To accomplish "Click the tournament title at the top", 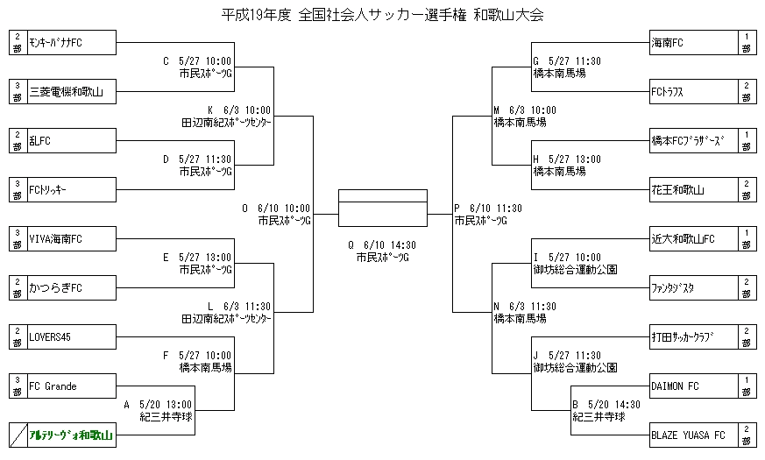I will coord(382,15).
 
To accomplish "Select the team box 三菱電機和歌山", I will coord(71,91).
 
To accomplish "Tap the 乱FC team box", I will coord(71,140).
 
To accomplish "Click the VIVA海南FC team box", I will coord(71,238).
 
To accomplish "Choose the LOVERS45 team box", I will coord(71,336).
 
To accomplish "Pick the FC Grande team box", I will coord(71,386).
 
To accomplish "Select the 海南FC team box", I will coord(692,42).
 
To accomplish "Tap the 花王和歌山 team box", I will coord(692,189).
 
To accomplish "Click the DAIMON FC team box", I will coord(692,386).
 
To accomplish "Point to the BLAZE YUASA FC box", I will coord(692,435).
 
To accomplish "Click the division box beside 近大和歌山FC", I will coord(746,238).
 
